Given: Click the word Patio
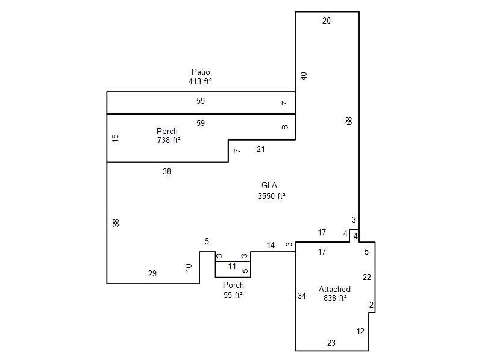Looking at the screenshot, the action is pyautogui.click(x=201, y=72).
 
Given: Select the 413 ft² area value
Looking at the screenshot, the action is pyautogui.click(x=200, y=81).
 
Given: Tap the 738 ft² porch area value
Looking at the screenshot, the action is pyautogui.click(x=169, y=140).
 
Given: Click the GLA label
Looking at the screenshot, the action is pyautogui.click(x=269, y=185).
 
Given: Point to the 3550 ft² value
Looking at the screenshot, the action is pyautogui.click(x=272, y=196).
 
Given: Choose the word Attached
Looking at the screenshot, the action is pyautogui.click(x=334, y=290).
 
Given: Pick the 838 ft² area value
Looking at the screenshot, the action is pyautogui.click(x=336, y=298).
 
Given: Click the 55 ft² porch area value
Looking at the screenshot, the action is pyautogui.click(x=233, y=295).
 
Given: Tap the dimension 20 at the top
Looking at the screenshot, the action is pyautogui.click(x=327, y=21).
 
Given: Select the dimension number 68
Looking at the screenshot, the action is pyautogui.click(x=349, y=121).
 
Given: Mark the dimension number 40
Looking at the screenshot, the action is pyautogui.click(x=304, y=76).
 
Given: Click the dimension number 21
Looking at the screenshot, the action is pyautogui.click(x=261, y=149).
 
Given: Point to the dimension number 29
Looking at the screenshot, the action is pyautogui.click(x=152, y=273).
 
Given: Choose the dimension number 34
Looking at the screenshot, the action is pyautogui.click(x=302, y=296).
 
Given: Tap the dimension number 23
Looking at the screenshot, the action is pyautogui.click(x=331, y=343).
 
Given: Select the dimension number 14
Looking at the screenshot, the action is pyautogui.click(x=271, y=246).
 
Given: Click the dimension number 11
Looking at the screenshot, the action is pyautogui.click(x=232, y=266).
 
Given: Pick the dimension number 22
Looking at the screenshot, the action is pyautogui.click(x=367, y=278).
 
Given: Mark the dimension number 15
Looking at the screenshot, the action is pyautogui.click(x=115, y=138).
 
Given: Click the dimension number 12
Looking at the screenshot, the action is pyautogui.click(x=360, y=331).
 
